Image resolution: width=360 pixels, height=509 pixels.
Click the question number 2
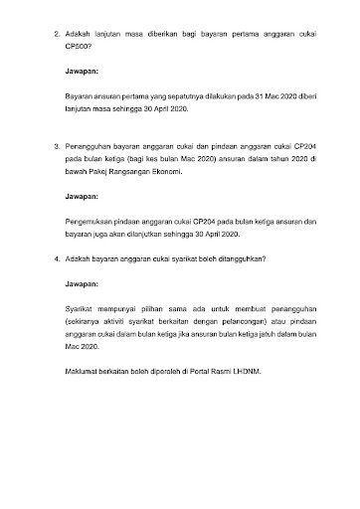[x=56, y=36]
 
